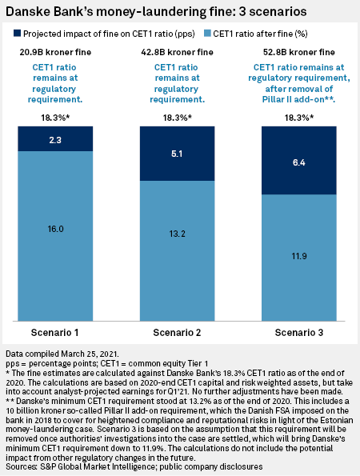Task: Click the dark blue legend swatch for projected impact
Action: pos(17,33)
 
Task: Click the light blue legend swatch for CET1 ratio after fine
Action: pos(207,33)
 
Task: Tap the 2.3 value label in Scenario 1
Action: pos(55,140)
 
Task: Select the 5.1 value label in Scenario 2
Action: pos(177,154)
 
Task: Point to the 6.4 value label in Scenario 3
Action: pos(299,162)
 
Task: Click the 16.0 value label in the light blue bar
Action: pos(55,229)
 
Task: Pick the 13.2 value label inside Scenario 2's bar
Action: pos(178,234)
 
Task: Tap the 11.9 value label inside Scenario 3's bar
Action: pos(299,256)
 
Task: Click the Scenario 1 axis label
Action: pos(55,333)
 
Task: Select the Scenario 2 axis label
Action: pos(177,333)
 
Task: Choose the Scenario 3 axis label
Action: pos(299,333)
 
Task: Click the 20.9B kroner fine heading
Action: pos(55,52)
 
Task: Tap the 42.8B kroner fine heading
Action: pos(177,52)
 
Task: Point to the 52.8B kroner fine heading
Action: pos(299,52)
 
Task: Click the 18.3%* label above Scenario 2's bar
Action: pos(178,118)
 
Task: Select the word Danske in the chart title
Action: pos(25,12)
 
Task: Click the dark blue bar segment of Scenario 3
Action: pos(299,160)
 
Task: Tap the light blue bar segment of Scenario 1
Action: pos(55,236)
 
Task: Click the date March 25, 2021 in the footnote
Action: pos(90,354)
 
